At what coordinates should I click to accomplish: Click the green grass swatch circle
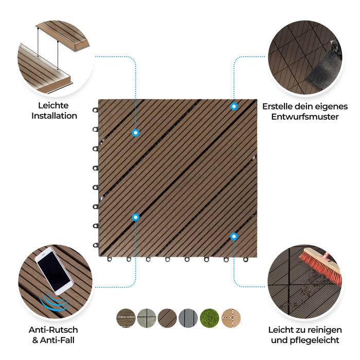pyautogui.click(x=210, y=318)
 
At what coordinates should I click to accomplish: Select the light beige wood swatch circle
pyautogui.click(x=231, y=318)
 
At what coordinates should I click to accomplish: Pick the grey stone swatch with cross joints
pyautogui.click(x=147, y=318)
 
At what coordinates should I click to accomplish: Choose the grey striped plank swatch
pyautogui.click(x=188, y=318)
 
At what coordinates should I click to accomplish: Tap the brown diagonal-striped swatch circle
pyautogui.click(x=168, y=318)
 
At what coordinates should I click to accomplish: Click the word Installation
pyautogui.click(x=54, y=116)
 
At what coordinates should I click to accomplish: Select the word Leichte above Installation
pyautogui.click(x=53, y=105)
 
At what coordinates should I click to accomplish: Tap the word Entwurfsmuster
pyautogui.click(x=305, y=117)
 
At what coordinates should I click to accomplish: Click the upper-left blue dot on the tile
pyautogui.click(x=135, y=133)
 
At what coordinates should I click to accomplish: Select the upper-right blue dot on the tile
pyautogui.click(x=234, y=106)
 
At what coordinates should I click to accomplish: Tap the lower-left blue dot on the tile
pyautogui.click(x=135, y=217)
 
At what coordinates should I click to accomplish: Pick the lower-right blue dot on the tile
pyautogui.click(x=234, y=237)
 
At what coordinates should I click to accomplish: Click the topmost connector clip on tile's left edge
pyautogui.click(x=95, y=110)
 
